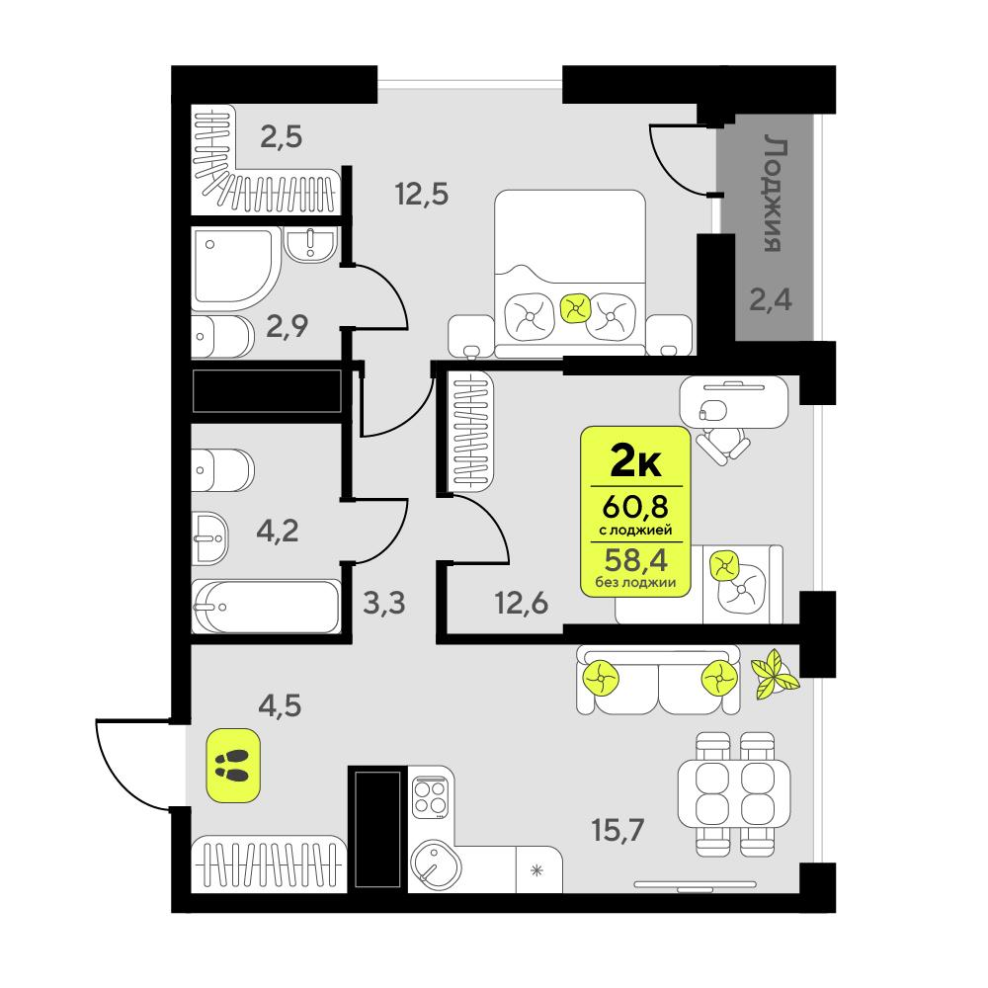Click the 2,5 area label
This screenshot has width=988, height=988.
[x=280, y=135]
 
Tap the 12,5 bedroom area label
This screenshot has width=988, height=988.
[x=422, y=193]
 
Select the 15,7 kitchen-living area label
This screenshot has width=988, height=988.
[x=618, y=831]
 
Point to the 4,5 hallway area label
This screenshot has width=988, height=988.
[x=279, y=706]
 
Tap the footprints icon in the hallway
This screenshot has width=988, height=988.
[x=233, y=764]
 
